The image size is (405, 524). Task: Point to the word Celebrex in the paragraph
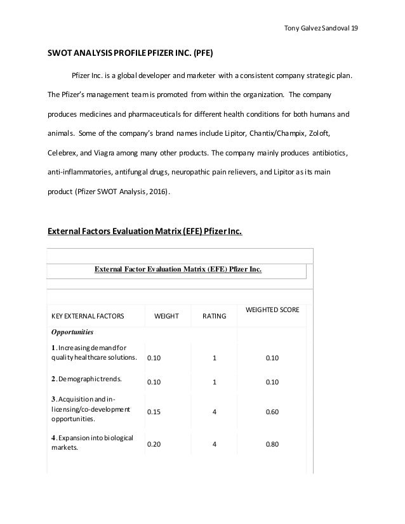63,154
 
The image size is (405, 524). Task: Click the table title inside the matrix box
178,269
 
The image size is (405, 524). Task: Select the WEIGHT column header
166,315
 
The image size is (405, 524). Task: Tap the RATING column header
214,315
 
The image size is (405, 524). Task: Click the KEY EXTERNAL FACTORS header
88,315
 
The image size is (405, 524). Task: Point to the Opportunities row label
73,332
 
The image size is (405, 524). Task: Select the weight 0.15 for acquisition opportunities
154,411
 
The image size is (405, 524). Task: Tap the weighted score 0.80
272,444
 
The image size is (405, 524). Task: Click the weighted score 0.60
272,411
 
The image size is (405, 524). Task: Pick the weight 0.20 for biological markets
154,444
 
